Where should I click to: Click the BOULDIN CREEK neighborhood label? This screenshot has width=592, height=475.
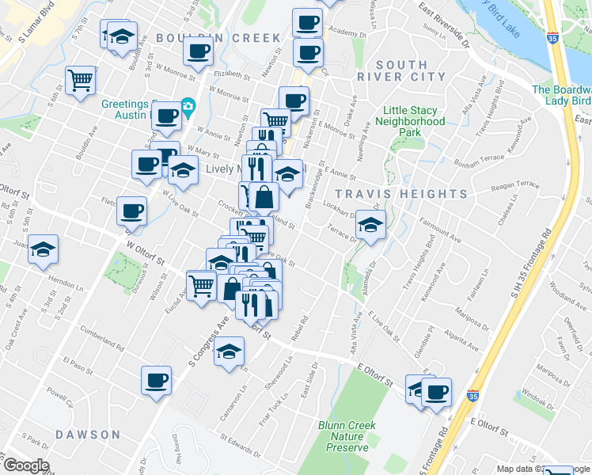coord(218,38)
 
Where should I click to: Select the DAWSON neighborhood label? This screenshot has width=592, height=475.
coord(88,435)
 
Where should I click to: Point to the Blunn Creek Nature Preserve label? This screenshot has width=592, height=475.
coord(349,436)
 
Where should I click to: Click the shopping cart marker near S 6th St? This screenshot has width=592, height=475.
coord(80,81)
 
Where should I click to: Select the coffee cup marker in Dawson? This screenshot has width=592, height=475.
coord(156,379)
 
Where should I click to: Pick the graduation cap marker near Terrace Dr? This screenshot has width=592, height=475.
coord(370,225)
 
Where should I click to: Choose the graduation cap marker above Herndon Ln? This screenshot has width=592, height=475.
coord(43,248)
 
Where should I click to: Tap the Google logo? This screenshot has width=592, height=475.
coord(25,465)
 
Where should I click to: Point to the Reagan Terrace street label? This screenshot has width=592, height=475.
coord(515,184)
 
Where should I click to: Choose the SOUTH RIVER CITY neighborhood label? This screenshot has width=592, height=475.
coord(401,70)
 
